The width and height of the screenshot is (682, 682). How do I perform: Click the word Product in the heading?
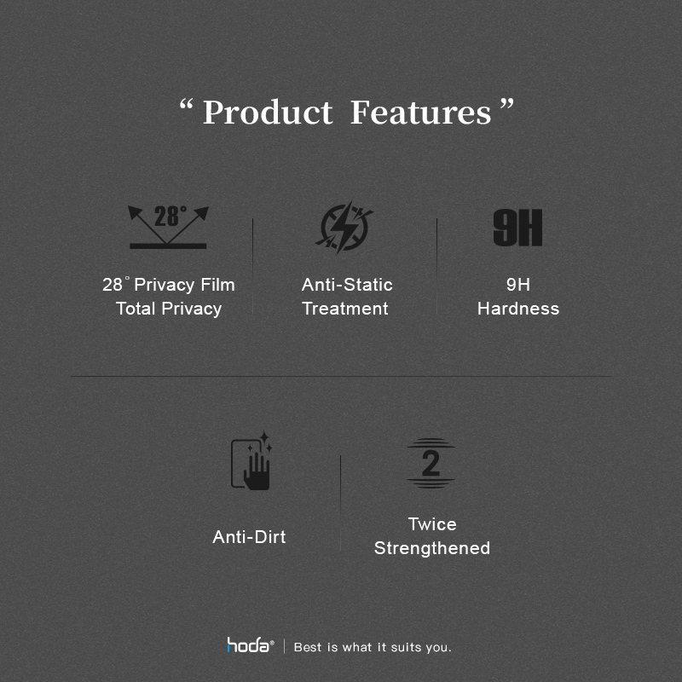[268, 113]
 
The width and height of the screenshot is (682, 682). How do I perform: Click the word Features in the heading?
[421, 113]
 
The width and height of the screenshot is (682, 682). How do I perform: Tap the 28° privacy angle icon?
[168, 227]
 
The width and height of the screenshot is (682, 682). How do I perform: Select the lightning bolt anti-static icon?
[344, 228]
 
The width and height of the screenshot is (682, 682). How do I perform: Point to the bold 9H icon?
[517, 228]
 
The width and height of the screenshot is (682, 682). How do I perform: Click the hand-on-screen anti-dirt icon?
[251, 461]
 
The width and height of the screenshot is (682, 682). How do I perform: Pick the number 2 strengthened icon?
[431, 463]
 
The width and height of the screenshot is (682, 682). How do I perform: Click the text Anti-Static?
[347, 285]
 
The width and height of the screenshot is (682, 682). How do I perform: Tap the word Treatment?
[345, 309]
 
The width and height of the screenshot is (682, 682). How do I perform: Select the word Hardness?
[518, 309]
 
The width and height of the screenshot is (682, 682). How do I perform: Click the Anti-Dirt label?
[249, 537]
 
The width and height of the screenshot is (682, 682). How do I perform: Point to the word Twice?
[432, 524]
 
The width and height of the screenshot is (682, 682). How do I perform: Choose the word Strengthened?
[432, 548]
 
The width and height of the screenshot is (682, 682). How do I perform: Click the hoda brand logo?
[250, 645]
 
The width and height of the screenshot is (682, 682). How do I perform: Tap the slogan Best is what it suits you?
[373, 647]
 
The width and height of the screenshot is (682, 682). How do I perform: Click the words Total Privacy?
[169, 309]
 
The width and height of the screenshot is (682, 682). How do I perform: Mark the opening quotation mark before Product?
[186, 105]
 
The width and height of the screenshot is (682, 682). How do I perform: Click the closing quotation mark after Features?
[506, 104]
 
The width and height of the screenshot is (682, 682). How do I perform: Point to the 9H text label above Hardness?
[518, 285]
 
